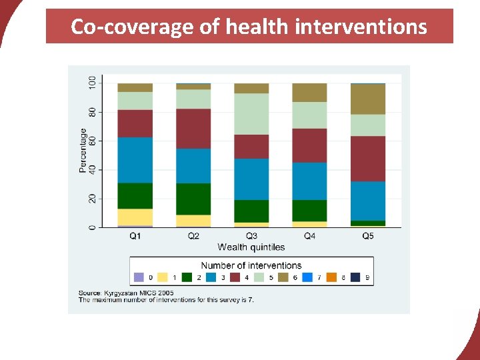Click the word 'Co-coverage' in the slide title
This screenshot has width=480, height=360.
[111, 27]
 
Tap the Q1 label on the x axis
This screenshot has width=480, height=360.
[135, 235]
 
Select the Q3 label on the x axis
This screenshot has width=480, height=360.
[251, 235]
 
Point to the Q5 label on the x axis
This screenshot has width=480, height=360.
[368, 235]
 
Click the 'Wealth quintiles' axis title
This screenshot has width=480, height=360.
[251, 247]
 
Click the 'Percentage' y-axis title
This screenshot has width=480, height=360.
[83, 151]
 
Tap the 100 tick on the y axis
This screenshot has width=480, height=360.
[92, 83]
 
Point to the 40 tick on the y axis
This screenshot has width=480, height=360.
[92, 170]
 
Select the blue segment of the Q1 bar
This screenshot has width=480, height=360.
[135, 160]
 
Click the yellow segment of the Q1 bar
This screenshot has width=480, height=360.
[135, 217]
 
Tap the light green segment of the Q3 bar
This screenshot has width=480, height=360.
[251, 114]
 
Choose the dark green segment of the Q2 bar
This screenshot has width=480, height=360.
[193, 199]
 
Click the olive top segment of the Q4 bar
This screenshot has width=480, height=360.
[309, 93]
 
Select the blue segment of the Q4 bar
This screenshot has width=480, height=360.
[309, 181]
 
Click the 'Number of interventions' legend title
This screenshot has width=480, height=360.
[251, 265]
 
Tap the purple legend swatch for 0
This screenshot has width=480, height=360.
[139, 277]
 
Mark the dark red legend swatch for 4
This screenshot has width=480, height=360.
[234, 277]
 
